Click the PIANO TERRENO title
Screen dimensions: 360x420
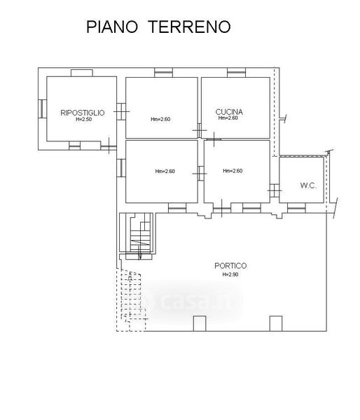coord(158,27)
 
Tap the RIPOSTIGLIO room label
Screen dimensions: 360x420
coord(82,113)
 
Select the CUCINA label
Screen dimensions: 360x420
coord(229,112)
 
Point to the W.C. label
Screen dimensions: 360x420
coord(308,185)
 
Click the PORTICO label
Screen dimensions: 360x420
coord(230,266)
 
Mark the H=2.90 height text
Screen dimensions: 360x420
coord(230,274)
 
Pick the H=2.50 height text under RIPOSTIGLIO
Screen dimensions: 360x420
coord(83,120)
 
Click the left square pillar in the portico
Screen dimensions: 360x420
coord(200,323)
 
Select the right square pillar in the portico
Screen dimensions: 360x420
coord(276,323)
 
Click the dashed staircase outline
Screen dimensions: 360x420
coord(131,300)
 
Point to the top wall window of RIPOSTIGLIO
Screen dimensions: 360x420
coord(82,73)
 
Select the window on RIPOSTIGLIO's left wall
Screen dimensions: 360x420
coord(42,108)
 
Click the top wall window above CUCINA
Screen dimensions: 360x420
coord(237,73)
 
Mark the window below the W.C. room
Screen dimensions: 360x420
coord(296,208)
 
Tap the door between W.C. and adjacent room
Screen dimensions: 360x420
coord(275,190)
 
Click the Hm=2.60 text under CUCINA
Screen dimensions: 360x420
coord(228,118)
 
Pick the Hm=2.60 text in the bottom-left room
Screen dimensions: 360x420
coord(165,171)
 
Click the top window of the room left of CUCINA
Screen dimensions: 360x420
coord(163,73)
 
